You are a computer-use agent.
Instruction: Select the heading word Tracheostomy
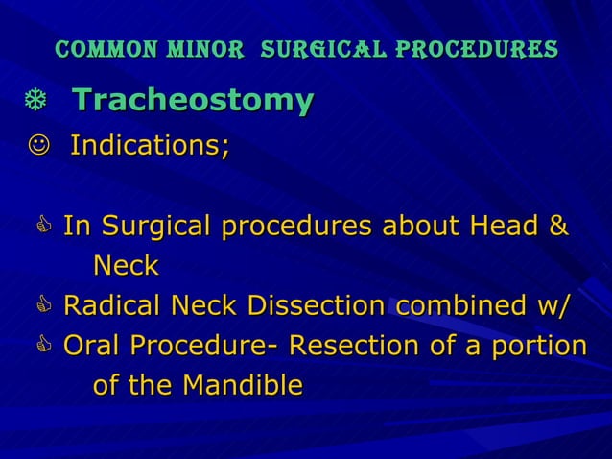[x=193, y=100]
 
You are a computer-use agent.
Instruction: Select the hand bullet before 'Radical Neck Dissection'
[x=44, y=307]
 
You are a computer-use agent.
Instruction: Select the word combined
[x=455, y=306]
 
